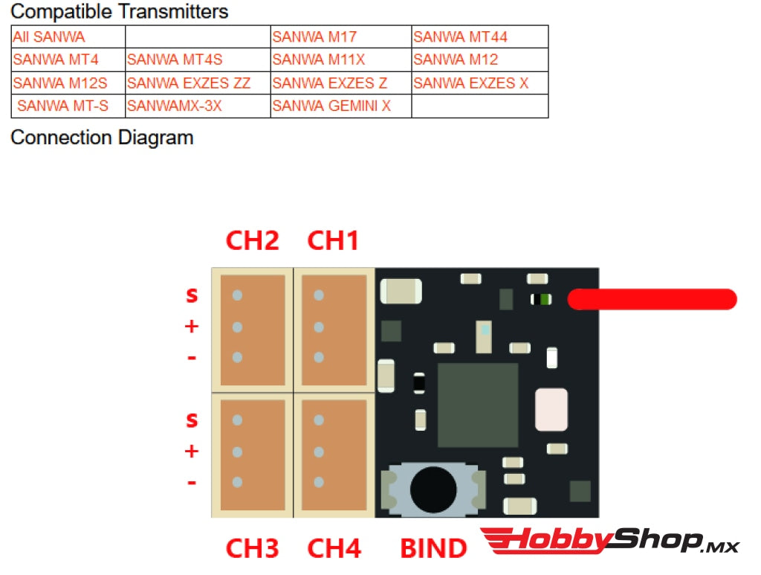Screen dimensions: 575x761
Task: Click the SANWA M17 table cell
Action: (341, 36)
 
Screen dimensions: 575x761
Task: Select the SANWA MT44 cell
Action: (479, 36)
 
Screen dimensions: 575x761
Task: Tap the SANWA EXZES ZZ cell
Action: (197, 83)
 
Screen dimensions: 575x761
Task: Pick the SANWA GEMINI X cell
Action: (340, 106)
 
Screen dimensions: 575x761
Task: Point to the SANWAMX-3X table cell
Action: (197, 106)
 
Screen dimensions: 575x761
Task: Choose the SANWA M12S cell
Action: (68, 83)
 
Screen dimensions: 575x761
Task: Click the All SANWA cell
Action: (68, 36)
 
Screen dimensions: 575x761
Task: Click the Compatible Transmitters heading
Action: (120, 12)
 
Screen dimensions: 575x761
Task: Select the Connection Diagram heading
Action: (102, 138)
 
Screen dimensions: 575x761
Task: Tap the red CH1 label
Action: (333, 241)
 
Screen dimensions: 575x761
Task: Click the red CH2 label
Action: (253, 241)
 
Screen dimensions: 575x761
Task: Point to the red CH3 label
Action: (253, 549)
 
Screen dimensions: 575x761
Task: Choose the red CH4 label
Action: (334, 549)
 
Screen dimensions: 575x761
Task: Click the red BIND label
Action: (433, 549)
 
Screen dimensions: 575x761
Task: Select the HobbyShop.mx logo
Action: (609, 541)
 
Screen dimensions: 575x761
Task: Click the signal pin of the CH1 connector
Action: (319, 295)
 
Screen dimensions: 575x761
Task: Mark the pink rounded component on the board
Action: (551, 409)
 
